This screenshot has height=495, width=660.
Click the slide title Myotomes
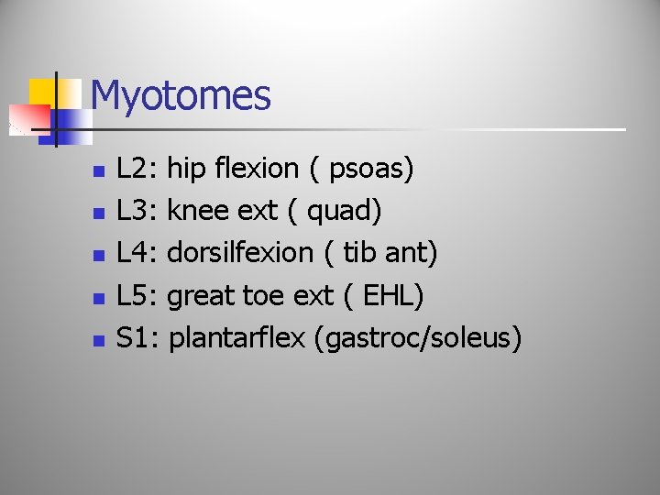click(x=181, y=95)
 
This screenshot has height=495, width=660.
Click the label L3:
click(x=138, y=211)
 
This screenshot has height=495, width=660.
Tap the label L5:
click(x=138, y=296)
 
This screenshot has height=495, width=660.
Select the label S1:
click(x=138, y=338)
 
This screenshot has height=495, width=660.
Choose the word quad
click(x=343, y=212)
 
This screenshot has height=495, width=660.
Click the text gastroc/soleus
click(x=417, y=339)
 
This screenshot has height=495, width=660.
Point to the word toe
click(x=264, y=296)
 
